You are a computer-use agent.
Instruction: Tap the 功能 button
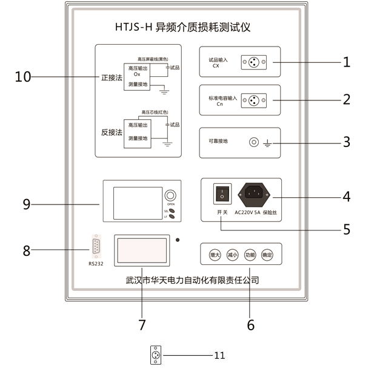(250, 255)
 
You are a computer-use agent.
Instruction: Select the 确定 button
(267, 255)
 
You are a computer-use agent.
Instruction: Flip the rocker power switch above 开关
(222, 194)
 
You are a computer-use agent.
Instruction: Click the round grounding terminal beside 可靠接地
(255, 143)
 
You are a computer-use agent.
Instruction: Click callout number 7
(142, 325)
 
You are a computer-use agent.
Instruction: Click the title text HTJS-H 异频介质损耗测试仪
(182, 27)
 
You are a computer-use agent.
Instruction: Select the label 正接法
(111, 77)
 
